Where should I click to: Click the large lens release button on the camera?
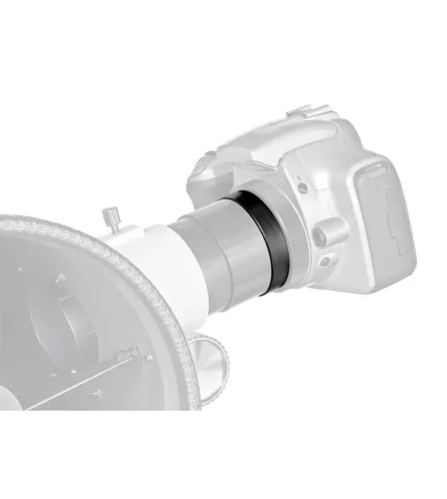(x=327, y=231)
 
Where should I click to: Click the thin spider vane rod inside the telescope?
(x=79, y=377)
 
